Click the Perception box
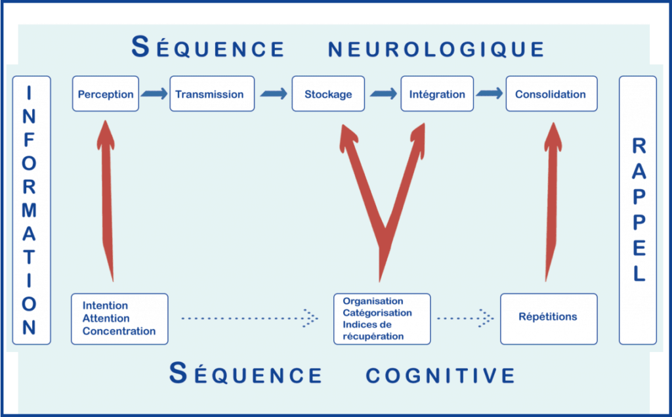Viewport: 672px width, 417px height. (106, 94)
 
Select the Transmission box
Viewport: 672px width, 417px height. (212, 94)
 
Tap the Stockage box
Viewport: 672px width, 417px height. (328, 94)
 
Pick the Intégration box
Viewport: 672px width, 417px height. (437, 94)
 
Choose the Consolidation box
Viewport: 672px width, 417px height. (551, 94)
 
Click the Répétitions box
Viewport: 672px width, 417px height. (549, 318)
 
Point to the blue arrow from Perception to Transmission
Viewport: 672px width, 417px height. (154, 93)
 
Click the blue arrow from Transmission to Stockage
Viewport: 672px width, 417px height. (274, 93)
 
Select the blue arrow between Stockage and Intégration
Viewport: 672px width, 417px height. (383, 93)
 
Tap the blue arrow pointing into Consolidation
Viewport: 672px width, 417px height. (490, 93)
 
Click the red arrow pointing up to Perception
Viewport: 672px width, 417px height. (107, 201)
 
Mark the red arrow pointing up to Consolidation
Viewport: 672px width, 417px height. (551, 202)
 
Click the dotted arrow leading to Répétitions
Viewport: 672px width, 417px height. (465, 318)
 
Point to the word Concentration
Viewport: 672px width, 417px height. (119, 331)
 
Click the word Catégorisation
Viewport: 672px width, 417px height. (377, 313)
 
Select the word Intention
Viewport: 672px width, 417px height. (105, 305)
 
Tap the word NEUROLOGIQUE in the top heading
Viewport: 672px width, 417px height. (436, 49)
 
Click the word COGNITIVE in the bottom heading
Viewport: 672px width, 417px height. (440, 376)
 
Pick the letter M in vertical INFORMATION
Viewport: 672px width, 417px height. (29, 210)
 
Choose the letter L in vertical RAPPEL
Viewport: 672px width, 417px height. (639, 274)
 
